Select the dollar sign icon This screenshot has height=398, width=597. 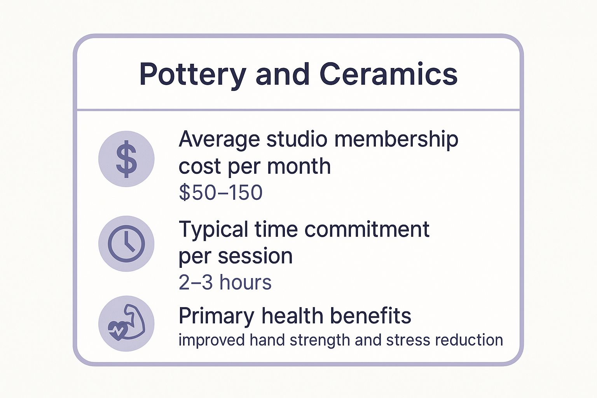tap(126, 159)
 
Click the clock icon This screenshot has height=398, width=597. tap(126, 244)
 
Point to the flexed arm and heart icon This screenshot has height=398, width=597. tap(126, 324)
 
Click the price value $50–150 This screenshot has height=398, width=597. tap(220, 192)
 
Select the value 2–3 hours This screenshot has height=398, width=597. tap(225, 282)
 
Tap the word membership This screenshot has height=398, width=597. tap(396, 139)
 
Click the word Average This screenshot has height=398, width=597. tap(219, 139)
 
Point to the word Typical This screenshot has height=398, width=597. tap(213, 229)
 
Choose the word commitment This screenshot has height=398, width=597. tap(367, 229)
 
